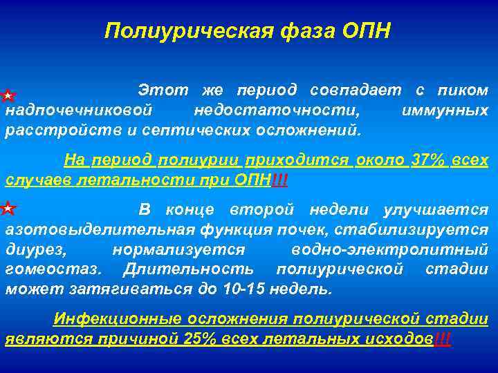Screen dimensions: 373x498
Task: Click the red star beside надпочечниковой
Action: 7,93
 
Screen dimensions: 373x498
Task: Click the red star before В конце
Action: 7,207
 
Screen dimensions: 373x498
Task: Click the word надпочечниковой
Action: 79,111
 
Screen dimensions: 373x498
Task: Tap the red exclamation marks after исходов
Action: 441,339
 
